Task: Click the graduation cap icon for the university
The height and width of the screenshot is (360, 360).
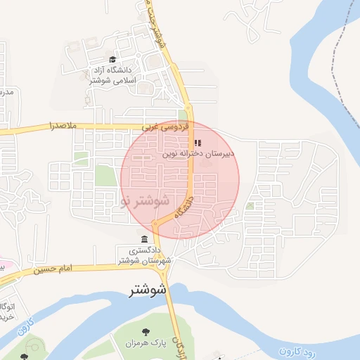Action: [113, 60]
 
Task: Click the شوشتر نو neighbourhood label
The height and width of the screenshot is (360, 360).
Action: [146, 200]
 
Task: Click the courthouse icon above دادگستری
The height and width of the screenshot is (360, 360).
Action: [144, 239]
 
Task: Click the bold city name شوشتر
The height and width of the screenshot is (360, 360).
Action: [148, 290]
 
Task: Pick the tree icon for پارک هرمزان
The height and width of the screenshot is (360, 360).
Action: [145, 332]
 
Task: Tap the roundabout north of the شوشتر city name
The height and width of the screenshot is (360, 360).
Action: [164, 265]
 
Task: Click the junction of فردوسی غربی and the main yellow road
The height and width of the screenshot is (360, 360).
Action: [190, 127]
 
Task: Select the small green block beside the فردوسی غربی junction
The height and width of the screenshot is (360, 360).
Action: [183, 115]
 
